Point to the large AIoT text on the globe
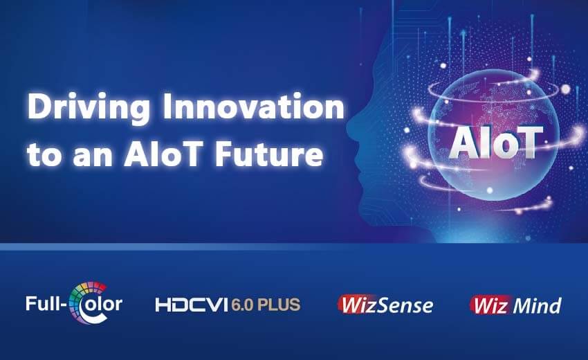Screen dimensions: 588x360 496,143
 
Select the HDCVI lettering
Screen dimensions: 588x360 192,305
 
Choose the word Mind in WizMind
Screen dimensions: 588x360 538,305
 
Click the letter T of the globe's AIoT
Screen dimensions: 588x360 529,143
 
